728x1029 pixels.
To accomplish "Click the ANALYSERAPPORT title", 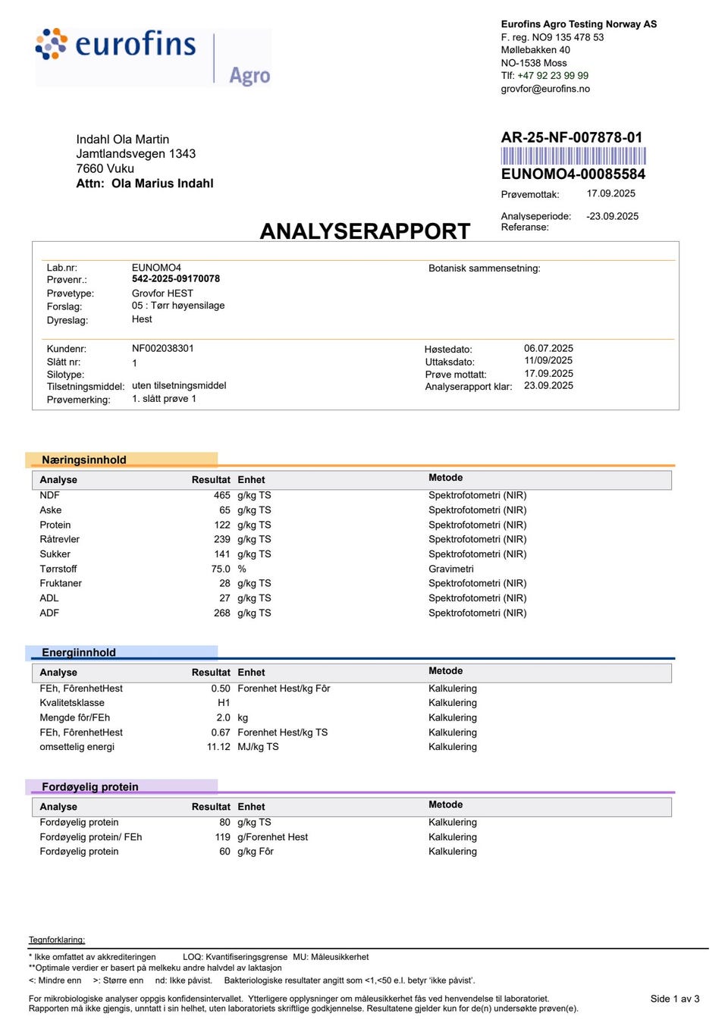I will [x=365, y=231].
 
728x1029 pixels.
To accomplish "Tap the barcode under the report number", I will [x=573, y=156].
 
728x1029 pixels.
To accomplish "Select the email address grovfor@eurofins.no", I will [x=544, y=89].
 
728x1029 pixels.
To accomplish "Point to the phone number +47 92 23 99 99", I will [x=552, y=76].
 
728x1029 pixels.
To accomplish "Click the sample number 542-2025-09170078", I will [x=175, y=279].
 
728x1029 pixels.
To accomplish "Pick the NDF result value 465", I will [x=221, y=495].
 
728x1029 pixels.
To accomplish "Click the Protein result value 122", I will [x=221, y=525].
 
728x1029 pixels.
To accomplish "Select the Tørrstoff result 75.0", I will [x=220, y=569].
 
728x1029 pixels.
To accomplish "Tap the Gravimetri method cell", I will [x=450, y=569].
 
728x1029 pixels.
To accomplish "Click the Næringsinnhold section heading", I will [x=83, y=460].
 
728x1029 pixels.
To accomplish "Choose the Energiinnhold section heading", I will [x=79, y=652].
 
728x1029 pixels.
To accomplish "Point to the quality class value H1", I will [x=224, y=703].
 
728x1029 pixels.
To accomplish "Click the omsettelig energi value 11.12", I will [x=218, y=747].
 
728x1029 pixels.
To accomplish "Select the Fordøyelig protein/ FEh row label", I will [x=90, y=837].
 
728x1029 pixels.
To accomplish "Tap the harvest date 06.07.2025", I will [x=548, y=349].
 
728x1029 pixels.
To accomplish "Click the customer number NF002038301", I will [x=162, y=349].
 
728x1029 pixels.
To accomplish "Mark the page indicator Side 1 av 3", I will [x=674, y=999].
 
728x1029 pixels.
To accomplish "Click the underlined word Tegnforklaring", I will [x=57, y=940].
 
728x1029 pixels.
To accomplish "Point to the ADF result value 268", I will [x=221, y=613].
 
